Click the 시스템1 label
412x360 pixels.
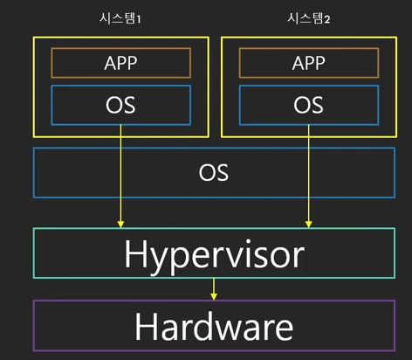click(120, 18)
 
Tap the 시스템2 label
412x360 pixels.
click(308, 18)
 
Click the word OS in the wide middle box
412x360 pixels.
click(214, 172)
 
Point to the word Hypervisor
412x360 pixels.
click(215, 256)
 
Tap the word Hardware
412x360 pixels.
click(214, 326)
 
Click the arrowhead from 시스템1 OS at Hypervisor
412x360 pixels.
click(120, 225)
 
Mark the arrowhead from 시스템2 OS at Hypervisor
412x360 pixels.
click(309, 225)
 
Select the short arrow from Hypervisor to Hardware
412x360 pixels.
click(214, 289)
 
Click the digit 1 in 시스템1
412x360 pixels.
click(139, 19)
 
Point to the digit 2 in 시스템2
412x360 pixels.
click(327, 19)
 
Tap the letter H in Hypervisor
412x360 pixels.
click(135, 253)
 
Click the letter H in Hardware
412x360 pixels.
click(146, 326)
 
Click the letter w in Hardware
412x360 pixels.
click(229, 330)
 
